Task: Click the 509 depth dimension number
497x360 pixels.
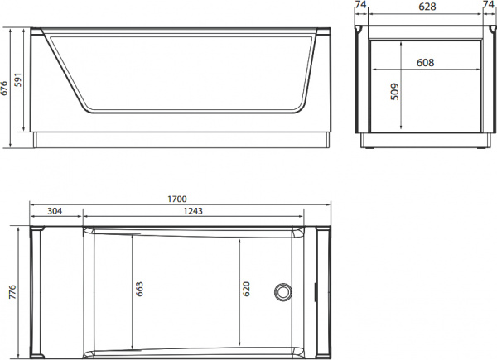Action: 394,90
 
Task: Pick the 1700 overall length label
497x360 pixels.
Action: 176,199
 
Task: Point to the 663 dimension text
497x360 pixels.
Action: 140,288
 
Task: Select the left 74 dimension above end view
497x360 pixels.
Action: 359,7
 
